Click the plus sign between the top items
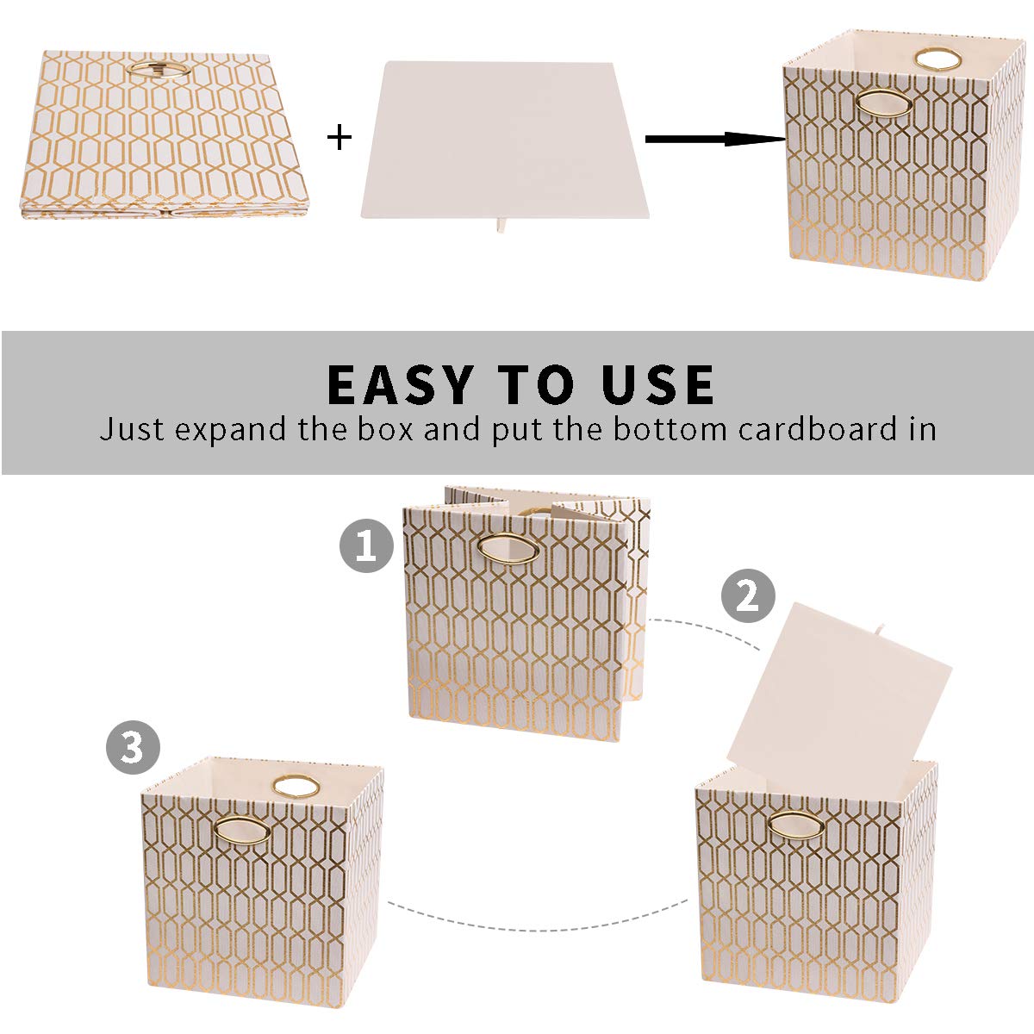click(340, 137)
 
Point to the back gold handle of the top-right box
click(931, 59)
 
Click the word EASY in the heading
click(401, 384)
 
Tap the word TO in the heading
click(536, 384)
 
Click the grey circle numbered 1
click(366, 546)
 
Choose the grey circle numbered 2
click(747, 595)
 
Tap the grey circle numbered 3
click(133, 747)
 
